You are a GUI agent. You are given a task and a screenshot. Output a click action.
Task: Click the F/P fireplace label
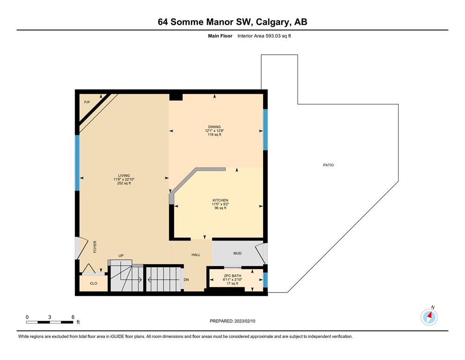[x=87, y=102]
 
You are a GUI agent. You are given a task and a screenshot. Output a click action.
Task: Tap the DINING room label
[x=214, y=127]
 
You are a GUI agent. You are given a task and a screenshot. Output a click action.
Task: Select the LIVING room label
[x=124, y=175]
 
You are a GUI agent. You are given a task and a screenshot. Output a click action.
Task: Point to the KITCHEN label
[x=221, y=200]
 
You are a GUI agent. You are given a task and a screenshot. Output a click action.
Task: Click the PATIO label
[x=328, y=165]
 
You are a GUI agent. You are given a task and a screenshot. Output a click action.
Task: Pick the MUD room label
[x=237, y=253]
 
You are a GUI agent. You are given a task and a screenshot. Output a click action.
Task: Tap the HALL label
[x=196, y=255]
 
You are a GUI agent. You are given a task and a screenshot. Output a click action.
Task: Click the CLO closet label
[x=93, y=283]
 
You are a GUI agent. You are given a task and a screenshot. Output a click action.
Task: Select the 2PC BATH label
[x=232, y=276]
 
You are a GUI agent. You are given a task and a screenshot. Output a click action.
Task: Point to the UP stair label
[x=121, y=255]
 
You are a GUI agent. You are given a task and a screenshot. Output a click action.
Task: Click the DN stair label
[x=186, y=279]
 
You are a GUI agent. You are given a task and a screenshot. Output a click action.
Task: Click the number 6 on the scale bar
[x=73, y=317]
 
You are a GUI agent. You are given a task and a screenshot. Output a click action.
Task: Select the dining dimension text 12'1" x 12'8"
[x=214, y=131]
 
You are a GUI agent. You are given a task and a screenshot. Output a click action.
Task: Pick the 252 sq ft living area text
[x=124, y=183]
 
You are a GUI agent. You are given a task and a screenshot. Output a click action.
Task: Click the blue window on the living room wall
[x=77, y=163]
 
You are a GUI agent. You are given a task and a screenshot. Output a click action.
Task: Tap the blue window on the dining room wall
[x=266, y=130]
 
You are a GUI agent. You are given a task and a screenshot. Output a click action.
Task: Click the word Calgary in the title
[x=272, y=22]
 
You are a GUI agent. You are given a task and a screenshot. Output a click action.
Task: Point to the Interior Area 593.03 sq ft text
[x=264, y=36]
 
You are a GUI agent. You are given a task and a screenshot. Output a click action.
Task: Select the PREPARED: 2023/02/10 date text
[x=232, y=321]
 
